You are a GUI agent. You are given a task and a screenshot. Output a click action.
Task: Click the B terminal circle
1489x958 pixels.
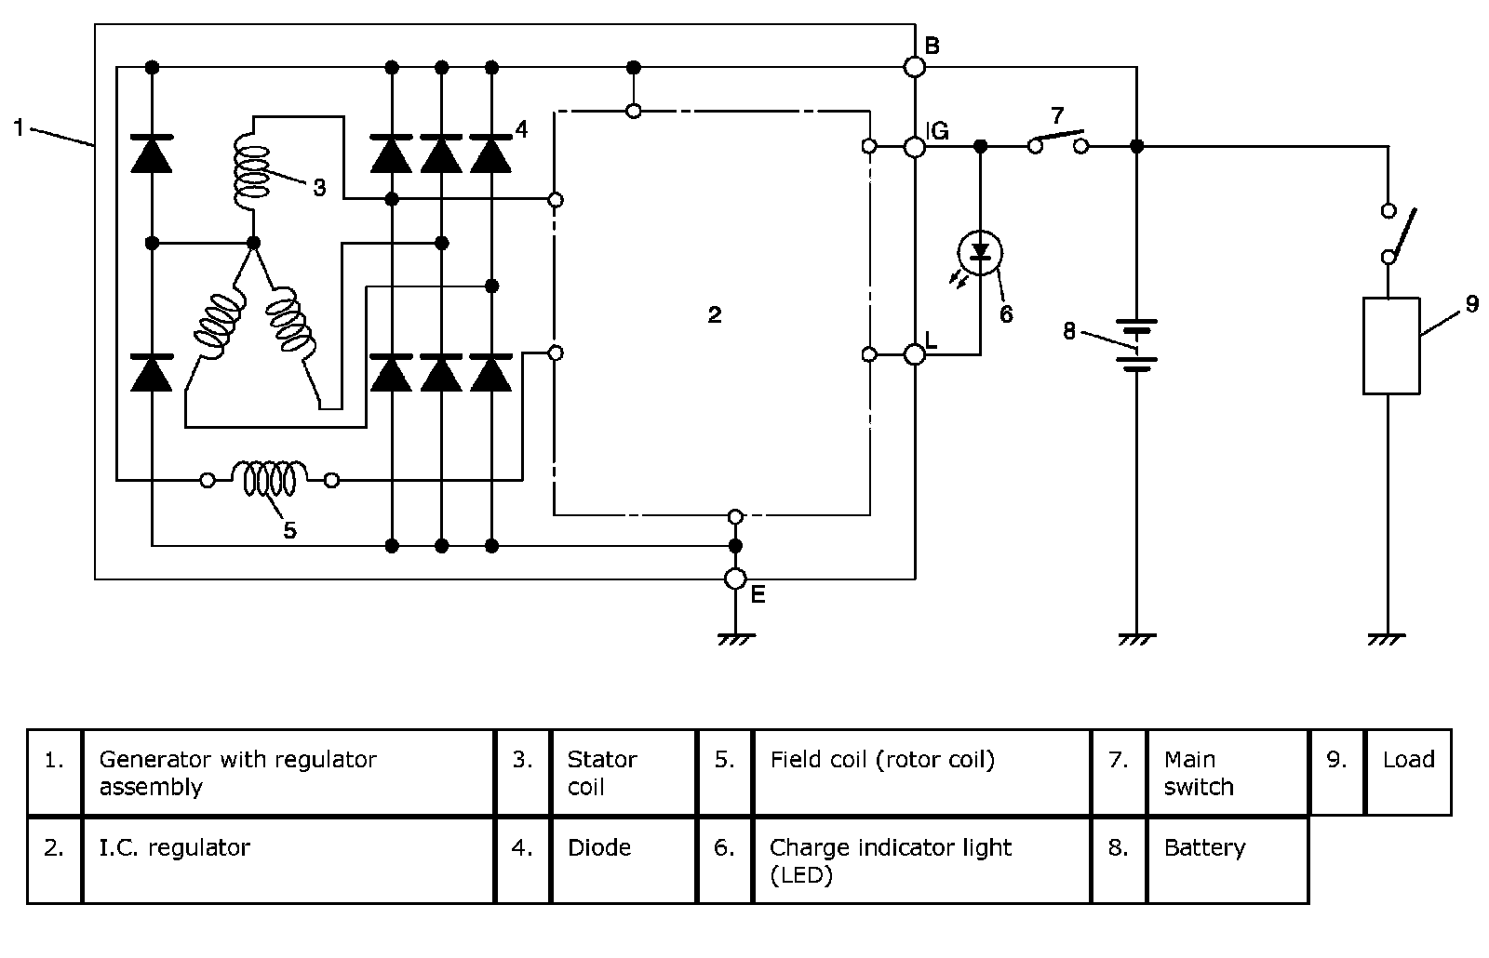click(x=915, y=67)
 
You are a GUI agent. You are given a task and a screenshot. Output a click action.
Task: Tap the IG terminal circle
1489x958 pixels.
click(x=915, y=146)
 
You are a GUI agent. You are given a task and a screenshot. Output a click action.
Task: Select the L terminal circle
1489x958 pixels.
click(x=915, y=353)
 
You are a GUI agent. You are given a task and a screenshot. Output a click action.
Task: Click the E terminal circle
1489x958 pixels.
click(x=735, y=579)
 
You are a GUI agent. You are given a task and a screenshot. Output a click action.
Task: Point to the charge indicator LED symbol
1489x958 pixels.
click(x=980, y=252)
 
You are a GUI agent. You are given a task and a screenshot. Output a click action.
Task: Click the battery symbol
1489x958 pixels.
click(x=1136, y=344)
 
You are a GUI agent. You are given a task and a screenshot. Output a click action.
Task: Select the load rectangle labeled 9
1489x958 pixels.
click(x=1391, y=346)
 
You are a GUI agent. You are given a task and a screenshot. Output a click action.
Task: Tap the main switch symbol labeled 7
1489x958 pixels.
click(x=1058, y=142)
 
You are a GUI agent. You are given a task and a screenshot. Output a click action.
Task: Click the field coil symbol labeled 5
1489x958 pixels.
click(x=270, y=480)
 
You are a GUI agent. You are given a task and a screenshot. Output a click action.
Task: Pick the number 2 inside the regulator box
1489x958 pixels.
click(x=714, y=315)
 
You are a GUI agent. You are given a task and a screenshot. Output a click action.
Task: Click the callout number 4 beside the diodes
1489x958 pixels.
click(x=521, y=129)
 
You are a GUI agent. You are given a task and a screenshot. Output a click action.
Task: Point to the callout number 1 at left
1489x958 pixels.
click(x=19, y=127)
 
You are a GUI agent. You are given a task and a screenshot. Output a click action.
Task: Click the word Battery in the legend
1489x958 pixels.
click(x=1204, y=848)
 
